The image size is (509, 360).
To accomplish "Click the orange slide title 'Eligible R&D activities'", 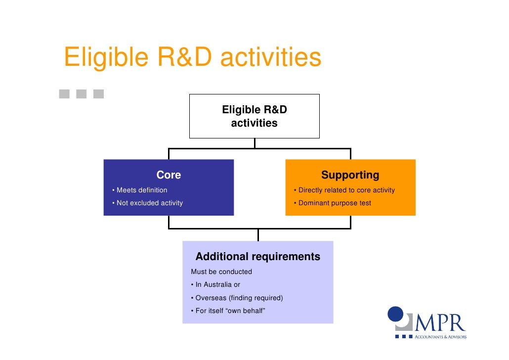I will (x=192, y=58).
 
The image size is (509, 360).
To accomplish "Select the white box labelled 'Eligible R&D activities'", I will (x=254, y=116).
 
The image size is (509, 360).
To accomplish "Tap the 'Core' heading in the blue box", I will (x=169, y=175).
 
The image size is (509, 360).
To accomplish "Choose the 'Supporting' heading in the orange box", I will (x=350, y=175).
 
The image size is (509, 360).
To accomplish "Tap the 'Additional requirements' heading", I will (x=257, y=257).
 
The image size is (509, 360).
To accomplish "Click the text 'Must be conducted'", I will (x=221, y=272).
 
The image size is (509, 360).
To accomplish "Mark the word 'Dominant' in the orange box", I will (x=314, y=203).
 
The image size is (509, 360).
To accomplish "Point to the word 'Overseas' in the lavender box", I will (x=211, y=298).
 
